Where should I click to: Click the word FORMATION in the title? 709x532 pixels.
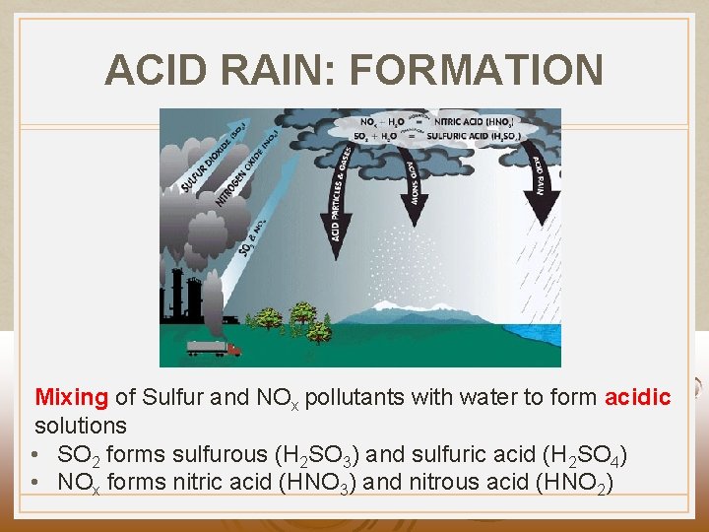pyautogui.click(x=476, y=71)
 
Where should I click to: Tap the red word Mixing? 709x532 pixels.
pyautogui.click(x=71, y=398)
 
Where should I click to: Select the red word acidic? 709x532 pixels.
pyautogui.click(x=637, y=398)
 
